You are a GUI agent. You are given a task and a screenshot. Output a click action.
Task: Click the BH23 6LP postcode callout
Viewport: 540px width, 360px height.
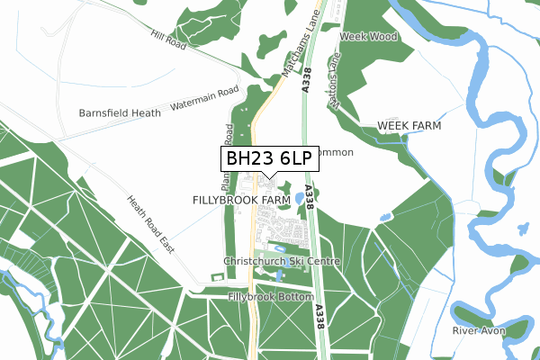tap(269, 158)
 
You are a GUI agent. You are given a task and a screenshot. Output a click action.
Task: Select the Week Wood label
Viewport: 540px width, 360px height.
tap(368, 37)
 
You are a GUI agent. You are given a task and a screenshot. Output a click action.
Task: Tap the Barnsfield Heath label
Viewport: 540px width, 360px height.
tap(120, 113)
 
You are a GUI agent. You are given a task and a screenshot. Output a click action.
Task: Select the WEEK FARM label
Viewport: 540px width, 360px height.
tap(409, 125)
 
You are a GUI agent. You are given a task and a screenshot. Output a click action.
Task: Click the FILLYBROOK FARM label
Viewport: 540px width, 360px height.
tap(241, 198)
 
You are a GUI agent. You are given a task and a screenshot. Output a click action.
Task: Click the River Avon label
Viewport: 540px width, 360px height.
tap(479, 331)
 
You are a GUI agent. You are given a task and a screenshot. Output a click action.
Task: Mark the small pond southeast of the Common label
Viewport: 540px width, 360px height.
tap(385, 217)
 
